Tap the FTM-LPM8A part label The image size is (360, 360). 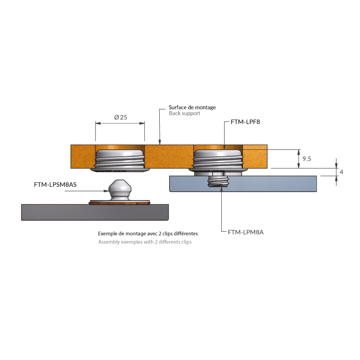245,232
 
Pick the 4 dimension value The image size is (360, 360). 342,172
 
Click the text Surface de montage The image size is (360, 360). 192,108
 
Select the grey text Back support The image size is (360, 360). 184,114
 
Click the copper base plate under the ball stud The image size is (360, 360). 119,203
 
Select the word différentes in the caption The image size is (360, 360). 184,234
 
